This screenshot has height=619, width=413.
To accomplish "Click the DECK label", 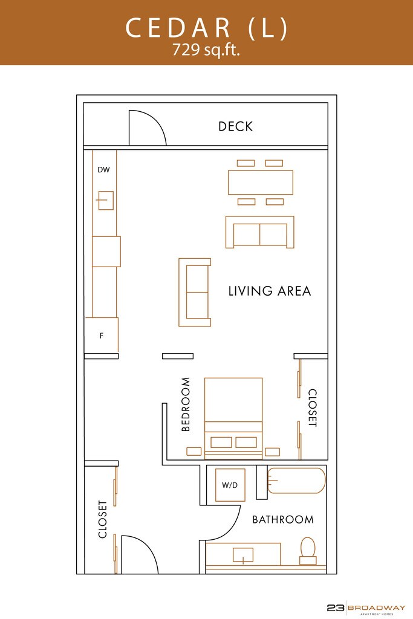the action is pos(235,126).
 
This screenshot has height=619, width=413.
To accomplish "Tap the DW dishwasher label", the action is pos(103,170).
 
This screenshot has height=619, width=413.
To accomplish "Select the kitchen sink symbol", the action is pos(105,200).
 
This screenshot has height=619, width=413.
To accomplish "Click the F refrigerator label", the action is pos(102,336).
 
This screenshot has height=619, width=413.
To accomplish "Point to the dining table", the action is pos(261,183).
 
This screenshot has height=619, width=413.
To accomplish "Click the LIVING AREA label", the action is pos(270,291).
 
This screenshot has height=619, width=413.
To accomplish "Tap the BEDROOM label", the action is pos(186,404).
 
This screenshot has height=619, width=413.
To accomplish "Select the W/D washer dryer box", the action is pos(230,485).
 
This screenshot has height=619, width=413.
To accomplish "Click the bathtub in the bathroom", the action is pos(296,481).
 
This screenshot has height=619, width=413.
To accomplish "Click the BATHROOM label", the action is pos(283,519).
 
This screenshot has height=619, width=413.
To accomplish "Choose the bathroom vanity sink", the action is pos(243,555).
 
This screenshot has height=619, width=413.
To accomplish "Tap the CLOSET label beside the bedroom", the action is pos(312,408).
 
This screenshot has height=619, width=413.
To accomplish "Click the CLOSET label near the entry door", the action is pos(103,519).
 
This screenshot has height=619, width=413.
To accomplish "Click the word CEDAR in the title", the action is pos(178,28).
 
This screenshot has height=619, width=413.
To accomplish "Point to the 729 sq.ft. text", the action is pos(206,50).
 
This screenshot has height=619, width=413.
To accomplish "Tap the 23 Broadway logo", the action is pos(366,609).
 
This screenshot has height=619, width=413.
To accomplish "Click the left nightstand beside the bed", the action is pos(194,451).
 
